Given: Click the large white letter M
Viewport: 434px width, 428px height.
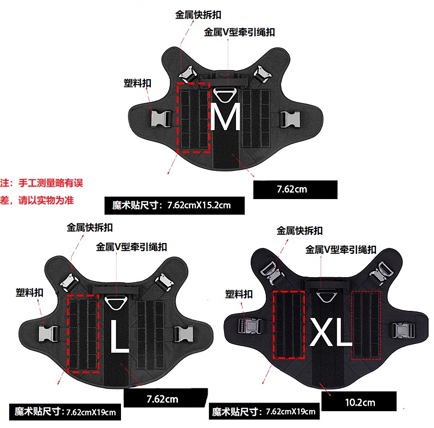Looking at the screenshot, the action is (225, 118).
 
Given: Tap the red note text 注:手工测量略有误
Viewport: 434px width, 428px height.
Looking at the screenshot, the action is (42, 183).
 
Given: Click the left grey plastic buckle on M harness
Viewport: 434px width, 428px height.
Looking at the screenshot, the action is (161, 118).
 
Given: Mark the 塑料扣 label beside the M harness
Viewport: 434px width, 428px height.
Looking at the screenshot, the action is (137, 83).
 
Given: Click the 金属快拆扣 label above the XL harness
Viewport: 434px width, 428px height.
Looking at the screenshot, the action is (299, 231).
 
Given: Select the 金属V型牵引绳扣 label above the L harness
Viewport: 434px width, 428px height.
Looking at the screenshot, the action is (131, 247).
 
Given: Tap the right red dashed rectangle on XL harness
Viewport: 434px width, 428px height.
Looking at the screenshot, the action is (367, 325).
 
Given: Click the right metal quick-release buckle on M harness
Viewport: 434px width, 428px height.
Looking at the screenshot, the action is (261, 74).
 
